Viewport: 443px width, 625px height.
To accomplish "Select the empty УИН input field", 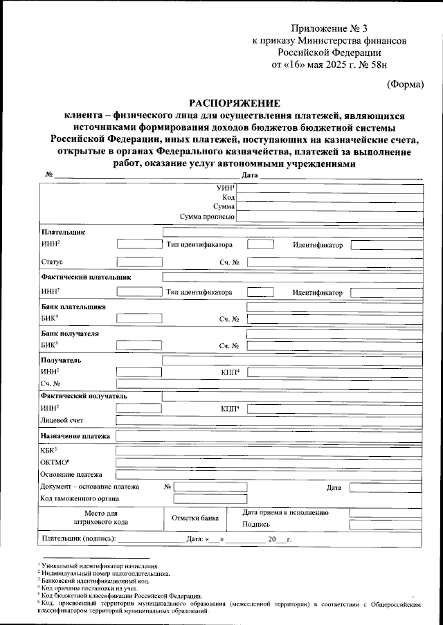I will (x=329, y=188).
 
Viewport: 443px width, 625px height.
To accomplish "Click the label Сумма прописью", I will (x=208, y=217).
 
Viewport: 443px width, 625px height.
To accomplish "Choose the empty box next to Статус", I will (x=139, y=262).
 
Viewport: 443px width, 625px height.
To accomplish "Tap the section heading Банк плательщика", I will (x=73, y=305).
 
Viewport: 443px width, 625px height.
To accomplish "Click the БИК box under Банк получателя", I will (x=139, y=345).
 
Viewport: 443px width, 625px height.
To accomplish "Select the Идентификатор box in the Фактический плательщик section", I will (x=385, y=292).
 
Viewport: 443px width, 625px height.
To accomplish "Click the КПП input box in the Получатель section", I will (x=334, y=372).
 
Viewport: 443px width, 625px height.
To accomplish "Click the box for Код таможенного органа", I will (x=211, y=498).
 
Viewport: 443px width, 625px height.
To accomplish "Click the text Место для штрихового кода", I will (x=103, y=518).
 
